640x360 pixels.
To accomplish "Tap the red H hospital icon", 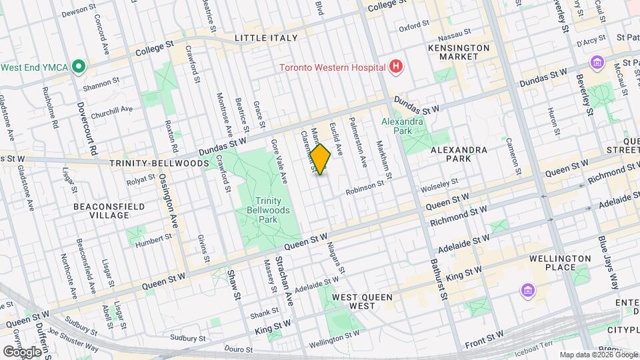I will [396, 67].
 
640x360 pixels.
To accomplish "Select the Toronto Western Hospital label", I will [332, 67].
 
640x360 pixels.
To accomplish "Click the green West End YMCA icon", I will [79, 67].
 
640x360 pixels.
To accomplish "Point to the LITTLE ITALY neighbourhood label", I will [266, 38].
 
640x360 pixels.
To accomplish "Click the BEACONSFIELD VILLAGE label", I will [110, 211].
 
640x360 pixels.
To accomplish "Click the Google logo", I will [21, 351].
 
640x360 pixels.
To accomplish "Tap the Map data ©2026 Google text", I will [599, 355].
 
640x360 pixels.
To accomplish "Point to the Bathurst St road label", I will [436, 279].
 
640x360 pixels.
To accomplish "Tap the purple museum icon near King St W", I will [528, 291].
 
